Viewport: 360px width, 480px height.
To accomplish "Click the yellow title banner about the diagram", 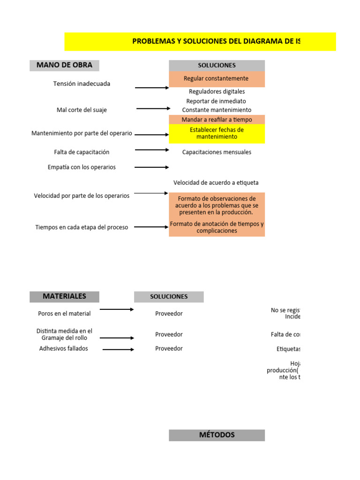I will (200, 41).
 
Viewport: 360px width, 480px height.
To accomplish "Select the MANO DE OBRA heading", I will (64, 65).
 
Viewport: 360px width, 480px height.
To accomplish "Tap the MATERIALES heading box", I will (64, 296).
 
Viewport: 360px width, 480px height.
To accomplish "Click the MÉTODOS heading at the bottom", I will (217, 435).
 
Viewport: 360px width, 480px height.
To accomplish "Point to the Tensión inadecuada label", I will (82, 83).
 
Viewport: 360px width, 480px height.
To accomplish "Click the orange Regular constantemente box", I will (217, 79).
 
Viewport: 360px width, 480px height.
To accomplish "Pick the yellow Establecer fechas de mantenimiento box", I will (217, 134).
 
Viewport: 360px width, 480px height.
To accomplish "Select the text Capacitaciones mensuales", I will (217, 152).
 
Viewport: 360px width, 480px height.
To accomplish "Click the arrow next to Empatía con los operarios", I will (152, 167).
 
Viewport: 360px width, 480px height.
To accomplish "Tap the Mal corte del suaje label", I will (82, 110).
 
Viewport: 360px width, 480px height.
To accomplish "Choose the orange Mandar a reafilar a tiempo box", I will (217, 120).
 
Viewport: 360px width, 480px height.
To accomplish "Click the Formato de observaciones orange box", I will (217, 205).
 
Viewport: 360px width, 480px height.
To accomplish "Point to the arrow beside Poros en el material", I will (117, 309).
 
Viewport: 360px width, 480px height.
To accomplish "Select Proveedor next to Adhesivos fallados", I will (169, 349).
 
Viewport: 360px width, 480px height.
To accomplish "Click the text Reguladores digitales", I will (217, 92).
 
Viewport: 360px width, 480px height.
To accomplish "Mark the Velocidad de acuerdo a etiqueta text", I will (216, 182).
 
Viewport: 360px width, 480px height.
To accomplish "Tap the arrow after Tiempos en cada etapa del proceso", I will (151, 227).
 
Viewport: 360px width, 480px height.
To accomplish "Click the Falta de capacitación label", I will (82, 152).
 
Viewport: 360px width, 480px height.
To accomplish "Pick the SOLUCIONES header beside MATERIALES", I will (169, 297).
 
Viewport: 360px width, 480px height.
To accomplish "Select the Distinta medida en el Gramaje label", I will (65, 334).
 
